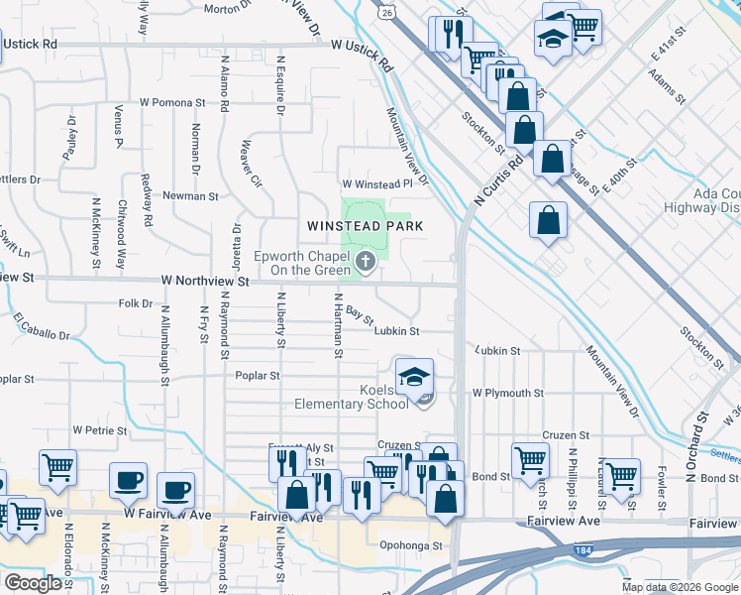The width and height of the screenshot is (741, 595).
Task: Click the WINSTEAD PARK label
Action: pos(365,226)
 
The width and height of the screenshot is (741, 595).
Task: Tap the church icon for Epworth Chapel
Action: pos(366,262)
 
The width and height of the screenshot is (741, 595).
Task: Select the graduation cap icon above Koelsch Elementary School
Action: pos(415,376)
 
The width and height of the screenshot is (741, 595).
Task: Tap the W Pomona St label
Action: pos(171,102)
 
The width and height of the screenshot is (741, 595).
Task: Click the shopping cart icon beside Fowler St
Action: pos(621,474)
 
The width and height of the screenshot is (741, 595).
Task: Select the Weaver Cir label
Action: pos(251,168)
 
